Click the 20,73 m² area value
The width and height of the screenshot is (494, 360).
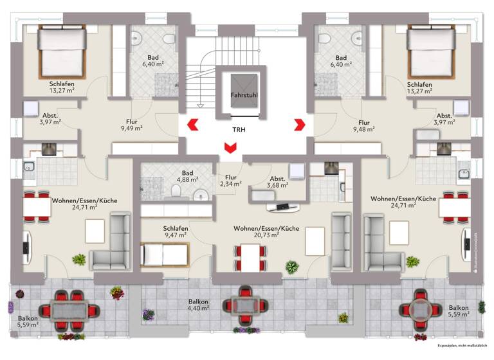click(x=266, y=235)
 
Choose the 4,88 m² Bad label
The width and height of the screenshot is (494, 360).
click(x=187, y=177)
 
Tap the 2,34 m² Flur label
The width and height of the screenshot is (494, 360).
click(x=229, y=181)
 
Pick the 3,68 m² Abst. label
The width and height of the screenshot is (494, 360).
click(x=277, y=183)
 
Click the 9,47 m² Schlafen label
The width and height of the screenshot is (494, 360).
click(x=176, y=232)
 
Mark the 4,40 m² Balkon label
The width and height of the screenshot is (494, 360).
click(x=198, y=305)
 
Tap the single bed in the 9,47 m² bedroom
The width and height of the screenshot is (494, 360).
click(x=164, y=254)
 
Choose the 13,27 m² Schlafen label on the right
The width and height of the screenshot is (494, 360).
click(x=419, y=87)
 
